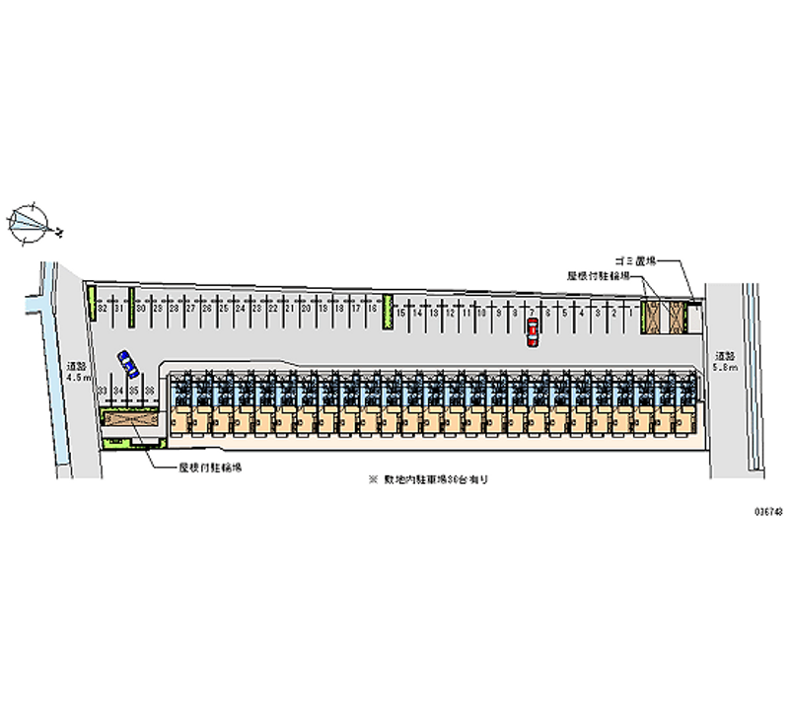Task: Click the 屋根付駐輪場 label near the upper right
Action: pos(598,277)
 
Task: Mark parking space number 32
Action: pos(102,309)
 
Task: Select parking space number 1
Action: pos(630,314)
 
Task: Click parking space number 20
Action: pos(307,310)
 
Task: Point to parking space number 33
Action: pos(103,392)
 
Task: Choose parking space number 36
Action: pos(150,392)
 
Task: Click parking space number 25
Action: pos(224,309)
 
